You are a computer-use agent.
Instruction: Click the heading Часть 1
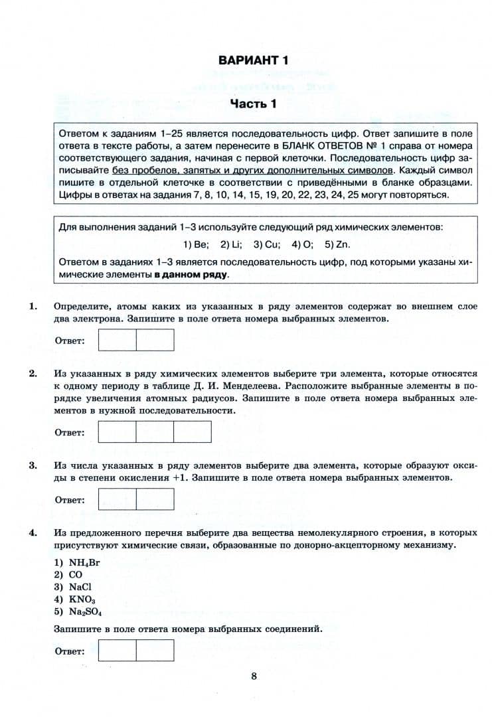[x=252, y=104]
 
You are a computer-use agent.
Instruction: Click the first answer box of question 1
[x=117, y=340]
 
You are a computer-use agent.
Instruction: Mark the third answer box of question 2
[x=193, y=432]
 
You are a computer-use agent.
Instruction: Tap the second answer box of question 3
[x=155, y=499]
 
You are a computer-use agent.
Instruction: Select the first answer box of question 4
[x=117, y=650]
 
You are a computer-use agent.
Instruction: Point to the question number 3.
[x=32, y=465]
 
